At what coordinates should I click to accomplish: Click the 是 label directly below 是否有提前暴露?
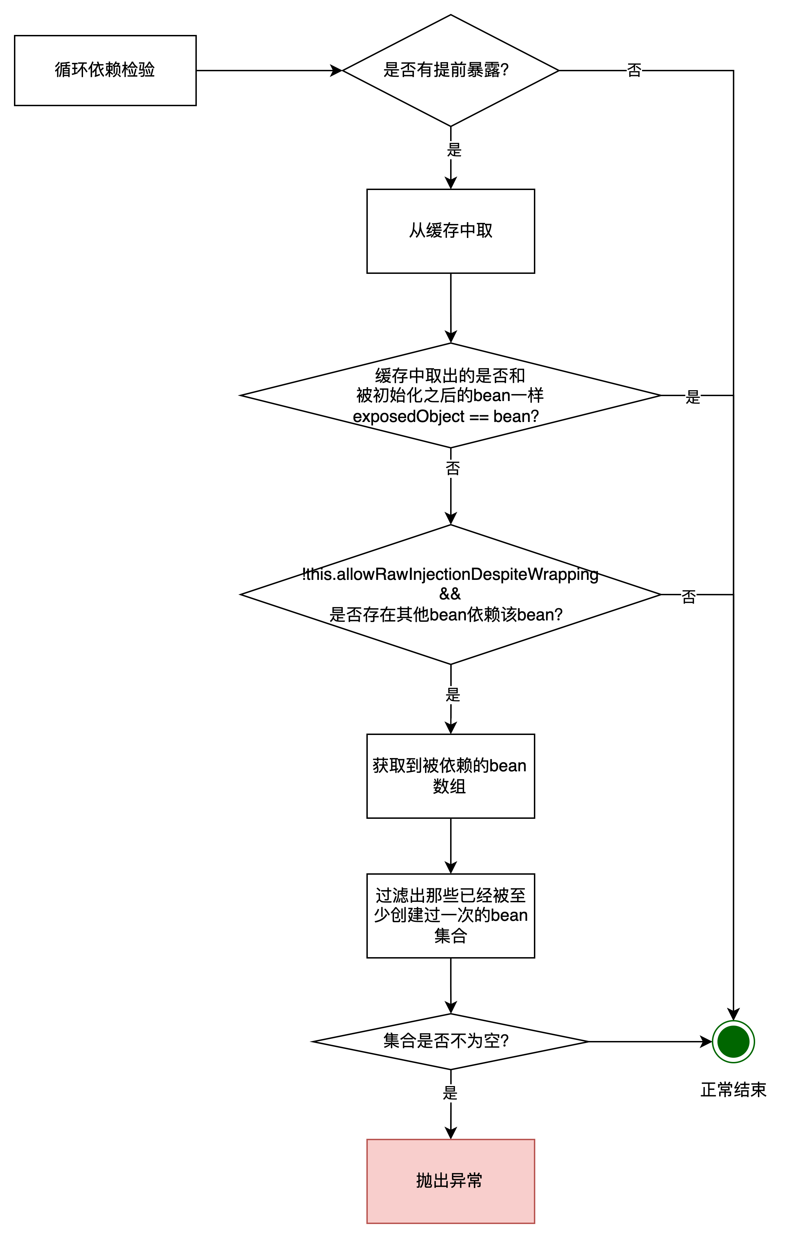[454, 150]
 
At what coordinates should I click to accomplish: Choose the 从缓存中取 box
[450, 231]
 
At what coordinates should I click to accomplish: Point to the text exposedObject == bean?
[446, 416]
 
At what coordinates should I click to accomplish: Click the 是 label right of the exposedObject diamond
[692, 397]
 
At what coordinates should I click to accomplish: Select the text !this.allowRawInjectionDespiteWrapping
[450, 574]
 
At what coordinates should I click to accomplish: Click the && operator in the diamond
[450, 593]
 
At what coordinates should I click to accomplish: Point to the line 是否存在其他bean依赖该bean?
[446, 615]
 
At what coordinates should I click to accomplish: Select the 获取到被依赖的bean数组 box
[450, 776]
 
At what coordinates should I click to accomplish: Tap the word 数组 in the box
[449, 786]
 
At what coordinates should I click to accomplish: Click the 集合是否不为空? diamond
[450, 1041]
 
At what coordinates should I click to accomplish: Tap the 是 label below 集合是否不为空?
[450, 1093]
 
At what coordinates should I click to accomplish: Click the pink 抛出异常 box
[450, 1181]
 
